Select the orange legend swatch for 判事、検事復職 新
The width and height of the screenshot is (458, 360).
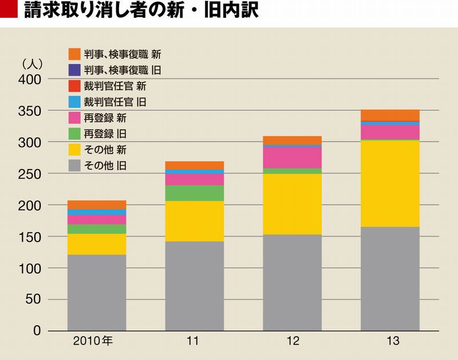pyautogui.click(x=74, y=54)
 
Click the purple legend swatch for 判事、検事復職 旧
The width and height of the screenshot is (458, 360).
pyautogui.click(x=74, y=70)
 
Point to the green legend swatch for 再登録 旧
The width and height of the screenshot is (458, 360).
pyautogui.click(x=74, y=134)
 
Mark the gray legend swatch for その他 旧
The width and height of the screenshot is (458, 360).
pyautogui.click(x=74, y=167)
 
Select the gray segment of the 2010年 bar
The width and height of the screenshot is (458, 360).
pyautogui.click(x=97, y=292)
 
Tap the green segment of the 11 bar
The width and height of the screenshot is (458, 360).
pyautogui.click(x=195, y=193)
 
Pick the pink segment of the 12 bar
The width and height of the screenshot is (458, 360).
pyautogui.click(x=292, y=157)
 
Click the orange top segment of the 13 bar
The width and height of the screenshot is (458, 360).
pyautogui.click(x=390, y=115)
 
